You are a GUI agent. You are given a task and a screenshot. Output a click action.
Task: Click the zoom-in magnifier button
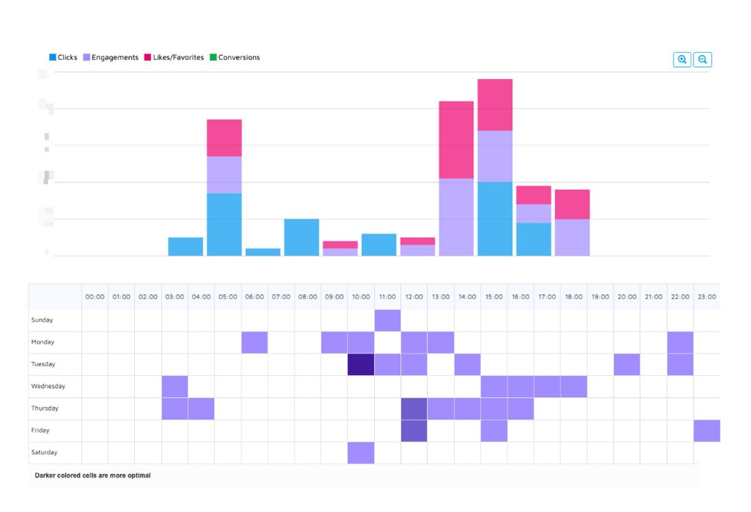pos(682,60)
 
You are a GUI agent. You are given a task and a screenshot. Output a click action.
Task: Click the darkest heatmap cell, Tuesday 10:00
pos(361,364)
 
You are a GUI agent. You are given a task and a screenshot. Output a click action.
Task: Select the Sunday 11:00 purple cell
pos(387,320)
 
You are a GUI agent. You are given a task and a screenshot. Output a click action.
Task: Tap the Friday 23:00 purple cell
pos(706,431)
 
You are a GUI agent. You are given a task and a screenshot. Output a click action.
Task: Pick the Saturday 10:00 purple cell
pos(361,453)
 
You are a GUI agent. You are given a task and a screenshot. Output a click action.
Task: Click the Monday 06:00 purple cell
pos(254,342)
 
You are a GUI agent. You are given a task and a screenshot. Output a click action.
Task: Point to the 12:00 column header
pos(414,297)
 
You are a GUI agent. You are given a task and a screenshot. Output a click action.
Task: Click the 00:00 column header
pos(95,297)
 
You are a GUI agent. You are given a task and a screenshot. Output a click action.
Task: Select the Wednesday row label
pos(48,386)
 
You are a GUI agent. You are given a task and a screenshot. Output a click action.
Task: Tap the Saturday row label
pos(44,453)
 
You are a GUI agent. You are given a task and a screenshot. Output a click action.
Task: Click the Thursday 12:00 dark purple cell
pos(414,409)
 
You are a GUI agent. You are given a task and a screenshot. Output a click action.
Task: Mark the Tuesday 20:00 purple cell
pos(627,364)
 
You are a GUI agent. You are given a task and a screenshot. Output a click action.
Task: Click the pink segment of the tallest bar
pos(495,105)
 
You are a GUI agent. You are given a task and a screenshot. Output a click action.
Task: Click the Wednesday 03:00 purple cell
pos(175,386)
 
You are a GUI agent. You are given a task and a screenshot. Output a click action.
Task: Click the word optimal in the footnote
pos(137,475)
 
